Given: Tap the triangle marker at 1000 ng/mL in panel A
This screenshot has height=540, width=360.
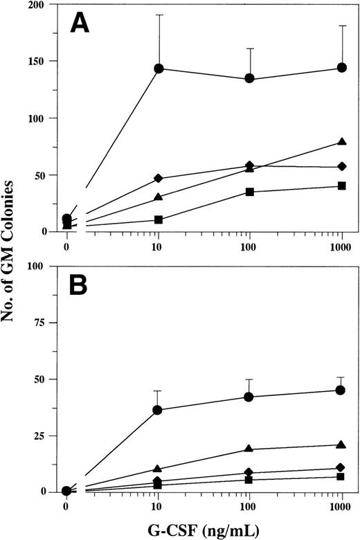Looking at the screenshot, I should coord(341,142).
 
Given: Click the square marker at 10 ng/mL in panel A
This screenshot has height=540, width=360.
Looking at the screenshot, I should coord(159,219).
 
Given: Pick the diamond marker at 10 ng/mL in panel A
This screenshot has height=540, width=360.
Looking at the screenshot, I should coord(159,179).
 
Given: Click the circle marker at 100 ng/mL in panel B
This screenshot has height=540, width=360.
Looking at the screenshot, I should coord(249,397).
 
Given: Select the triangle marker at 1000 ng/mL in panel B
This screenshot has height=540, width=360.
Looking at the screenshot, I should coord(341,444).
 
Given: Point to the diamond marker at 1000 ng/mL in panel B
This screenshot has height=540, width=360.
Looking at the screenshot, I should coord(341,467).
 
